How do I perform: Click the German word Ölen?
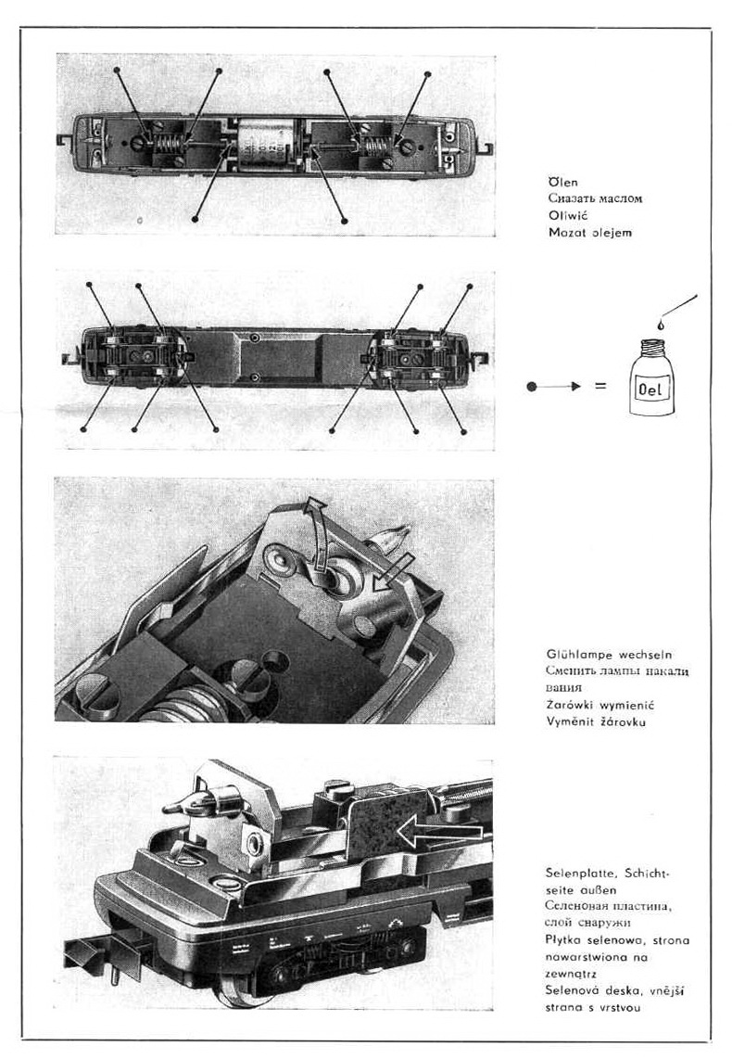[x=562, y=182]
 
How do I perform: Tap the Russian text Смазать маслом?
[x=594, y=198]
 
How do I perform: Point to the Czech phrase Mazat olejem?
[x=589, y=233]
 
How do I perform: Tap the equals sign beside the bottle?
[x=600, y=386]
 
